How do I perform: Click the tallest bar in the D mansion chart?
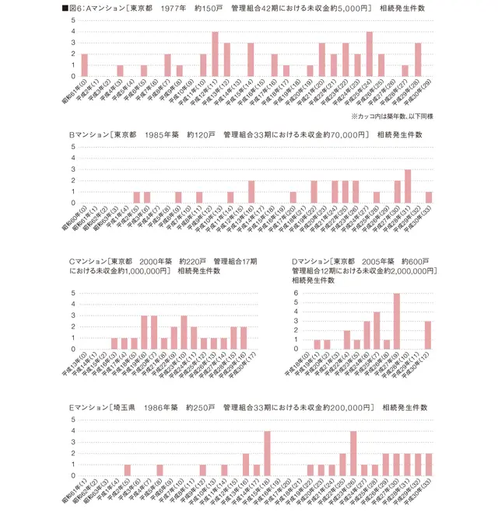396,322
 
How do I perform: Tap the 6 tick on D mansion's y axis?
296,293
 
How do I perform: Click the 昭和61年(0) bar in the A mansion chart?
84,65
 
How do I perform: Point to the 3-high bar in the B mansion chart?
408,186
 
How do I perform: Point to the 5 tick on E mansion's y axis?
72,420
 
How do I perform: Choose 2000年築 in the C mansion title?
161,261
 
